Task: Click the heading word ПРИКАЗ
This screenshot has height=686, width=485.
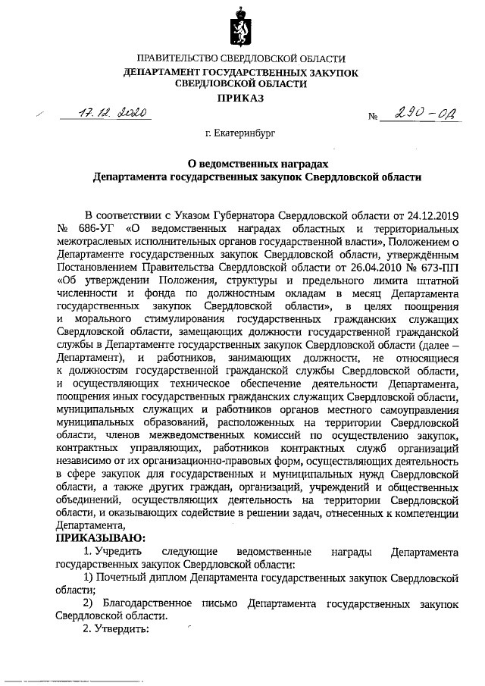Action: [240, 99]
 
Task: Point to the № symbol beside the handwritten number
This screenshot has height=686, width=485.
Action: [373, 118]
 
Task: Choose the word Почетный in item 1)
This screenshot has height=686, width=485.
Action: [122, 577]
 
